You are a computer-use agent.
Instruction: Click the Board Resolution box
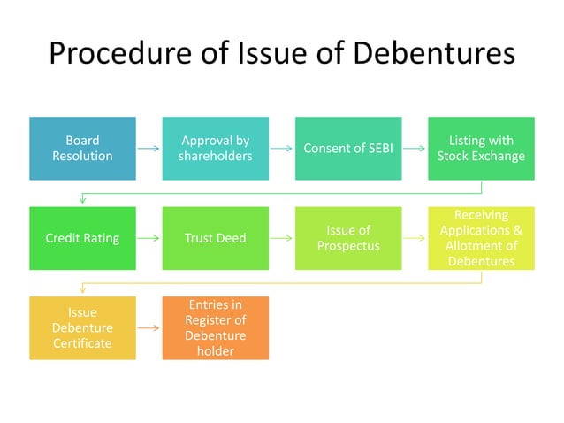pyautogui.click(x=82, y=148)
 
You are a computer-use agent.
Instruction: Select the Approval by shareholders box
pyautogui.click(x=215, y=148)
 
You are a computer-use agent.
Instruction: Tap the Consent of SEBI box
pyautogui.click(x=347, y=148)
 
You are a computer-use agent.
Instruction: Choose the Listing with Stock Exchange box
pyautogui.click(x=481, y=148)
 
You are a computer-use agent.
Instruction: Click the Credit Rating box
pyautogui.click(x=82, y=238)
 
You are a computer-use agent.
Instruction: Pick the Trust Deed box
pyautogui.click(x=215, y=238)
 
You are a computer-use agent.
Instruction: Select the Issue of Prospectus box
pyautogui.click(x=347, y=238)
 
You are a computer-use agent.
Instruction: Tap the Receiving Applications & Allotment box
pyautogui.click(x=481, y=238)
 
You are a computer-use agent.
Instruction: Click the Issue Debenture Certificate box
pyautogui.click(x=82, y=327)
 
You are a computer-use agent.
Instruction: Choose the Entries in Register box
pyautogui.click(x=215, y=327)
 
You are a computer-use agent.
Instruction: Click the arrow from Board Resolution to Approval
pyautogui.click(x=149, y=149)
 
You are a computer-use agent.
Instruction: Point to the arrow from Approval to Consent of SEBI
pyautogui.click(x=281, y=149)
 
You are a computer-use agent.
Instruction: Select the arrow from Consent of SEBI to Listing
pyautogui.click(x=415, y=149)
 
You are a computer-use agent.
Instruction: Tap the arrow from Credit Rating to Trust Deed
pyautogui.click(x=149, y=238)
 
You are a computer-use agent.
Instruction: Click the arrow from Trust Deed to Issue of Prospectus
pyautogui.click(x=281, y=238)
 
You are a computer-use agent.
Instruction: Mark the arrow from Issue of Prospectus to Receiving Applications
pyautogui.click(x=415, y=238)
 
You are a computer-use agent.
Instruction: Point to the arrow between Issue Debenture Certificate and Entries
pyautogui.click(x=149, y=328)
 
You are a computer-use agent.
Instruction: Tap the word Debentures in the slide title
pyautogui.click(x=434, y=53)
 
